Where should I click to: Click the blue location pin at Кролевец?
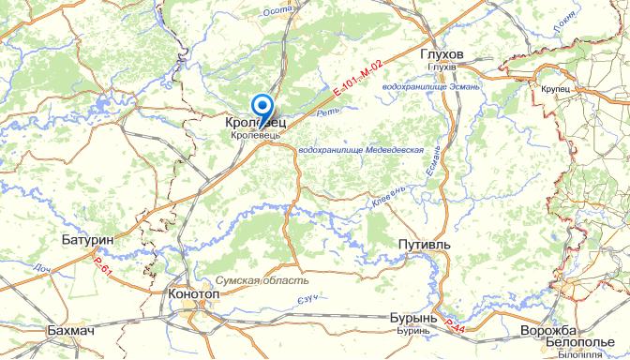pos(263,107)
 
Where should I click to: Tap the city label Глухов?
pos(443,55)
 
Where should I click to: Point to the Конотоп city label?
pos(194,293)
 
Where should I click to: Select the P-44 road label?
pos(455,325)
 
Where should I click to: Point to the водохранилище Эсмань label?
pos(431,87)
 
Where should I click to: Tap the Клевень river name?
pos(388,193)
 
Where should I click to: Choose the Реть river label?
pos(327,113)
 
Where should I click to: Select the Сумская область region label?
pos(261,280)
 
